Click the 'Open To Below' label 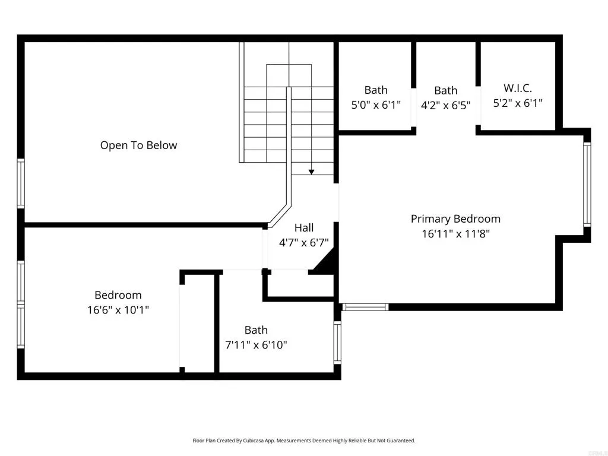[x=138, y=145]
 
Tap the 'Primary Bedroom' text [x=455, y=219]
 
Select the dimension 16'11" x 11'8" [x=455, y=234]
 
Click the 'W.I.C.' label [x=518, y=88]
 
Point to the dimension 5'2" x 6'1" [x=518, y=103]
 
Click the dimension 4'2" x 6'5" [x=445, y=106]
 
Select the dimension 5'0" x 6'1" [x=376, y=105]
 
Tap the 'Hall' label [x=304, y=227]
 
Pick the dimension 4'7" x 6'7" [x=304, y=242]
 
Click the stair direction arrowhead [x=311, y=172]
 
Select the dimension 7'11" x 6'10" [x=256, y=345]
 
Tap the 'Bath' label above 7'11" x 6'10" [x=256, y=330]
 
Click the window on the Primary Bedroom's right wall [x=587, y=185]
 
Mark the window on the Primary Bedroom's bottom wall [x=365, y=307]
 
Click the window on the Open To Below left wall [x=20, y=183]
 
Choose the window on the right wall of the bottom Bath [x=337, y=342]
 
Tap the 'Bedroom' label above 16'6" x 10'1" [x=118, y=295]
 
